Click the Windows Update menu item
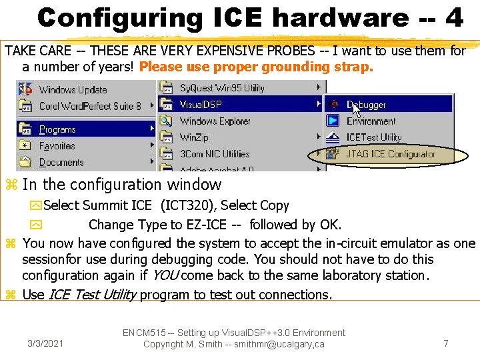72,89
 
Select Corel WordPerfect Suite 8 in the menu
90,105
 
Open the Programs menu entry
57,129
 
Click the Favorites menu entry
57,145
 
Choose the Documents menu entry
61,162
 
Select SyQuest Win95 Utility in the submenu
221,88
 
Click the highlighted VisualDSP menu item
200,105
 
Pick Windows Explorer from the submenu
215,121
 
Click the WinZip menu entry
195,137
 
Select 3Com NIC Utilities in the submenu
214,154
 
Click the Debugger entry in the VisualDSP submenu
365,105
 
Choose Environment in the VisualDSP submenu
371,121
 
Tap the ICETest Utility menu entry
373,137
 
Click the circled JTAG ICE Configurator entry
390,154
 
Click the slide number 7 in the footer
446,343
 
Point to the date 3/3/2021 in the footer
45,343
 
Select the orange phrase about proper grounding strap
256,67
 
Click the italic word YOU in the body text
165,275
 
